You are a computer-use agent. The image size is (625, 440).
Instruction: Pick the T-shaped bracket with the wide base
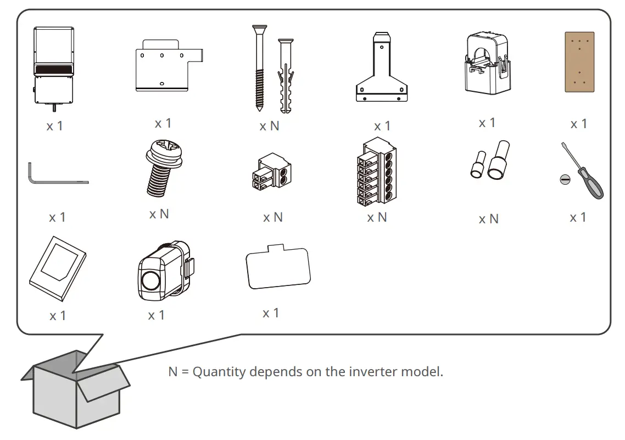click(x=382, y=71)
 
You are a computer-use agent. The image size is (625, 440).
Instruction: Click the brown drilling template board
click(x=579, y=62)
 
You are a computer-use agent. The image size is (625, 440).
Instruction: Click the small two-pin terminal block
click(x=271, y=175)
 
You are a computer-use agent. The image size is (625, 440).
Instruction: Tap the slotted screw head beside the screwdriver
click(x=565, y=179)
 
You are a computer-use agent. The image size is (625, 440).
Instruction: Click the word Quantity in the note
click(x=219, y=372)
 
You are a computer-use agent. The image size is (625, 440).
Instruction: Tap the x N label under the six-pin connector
click(x=377, y=218)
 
